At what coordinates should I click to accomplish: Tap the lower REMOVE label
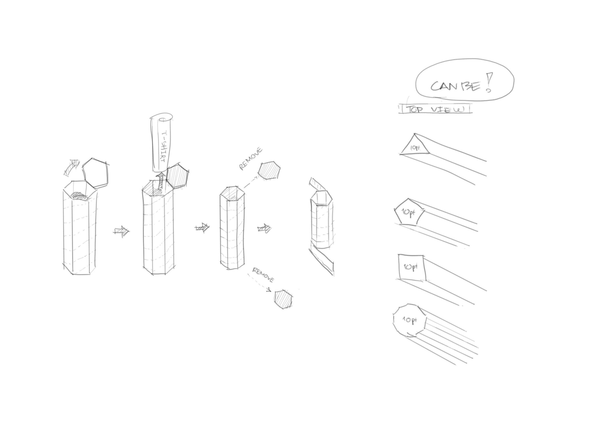[263, 275]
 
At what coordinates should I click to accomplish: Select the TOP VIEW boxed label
[435, 109]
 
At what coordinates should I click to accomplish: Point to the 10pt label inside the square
[410, 267]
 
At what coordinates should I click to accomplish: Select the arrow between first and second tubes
[122, 231]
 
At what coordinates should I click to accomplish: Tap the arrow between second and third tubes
[202, 228]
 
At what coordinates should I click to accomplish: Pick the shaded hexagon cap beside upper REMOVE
[269, 170]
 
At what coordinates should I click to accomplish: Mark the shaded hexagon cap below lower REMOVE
[283, 299]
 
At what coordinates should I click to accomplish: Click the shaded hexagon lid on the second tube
[177, 176]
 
